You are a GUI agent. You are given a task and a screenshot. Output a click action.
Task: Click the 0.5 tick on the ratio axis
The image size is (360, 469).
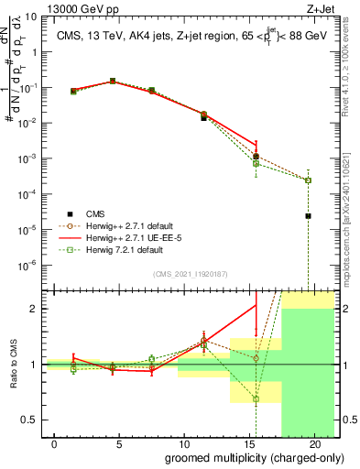coord(28,420)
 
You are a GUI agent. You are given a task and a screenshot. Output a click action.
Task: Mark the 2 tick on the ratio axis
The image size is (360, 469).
coord(34,309)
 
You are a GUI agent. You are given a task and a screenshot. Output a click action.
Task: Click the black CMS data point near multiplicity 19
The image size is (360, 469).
coord(309,216)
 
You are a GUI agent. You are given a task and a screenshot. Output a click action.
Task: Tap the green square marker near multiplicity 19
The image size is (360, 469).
coord(309,180)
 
